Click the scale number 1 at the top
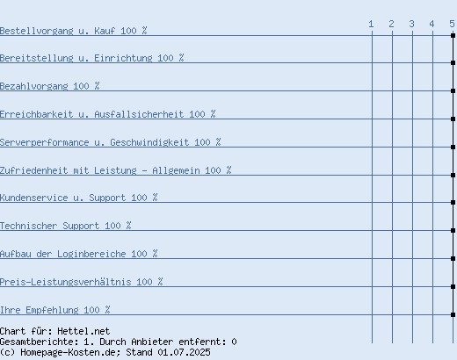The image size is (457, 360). pyautogui.click(x=371, y=24)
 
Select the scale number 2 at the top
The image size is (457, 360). pyautogui.click(x=391, y=24)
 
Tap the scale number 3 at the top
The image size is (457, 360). pyautogui.click(x=411, y=24)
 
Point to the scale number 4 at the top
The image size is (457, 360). pyautogui.click(x=432, y=24)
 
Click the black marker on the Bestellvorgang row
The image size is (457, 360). pyautogui.click(x=453, y=35)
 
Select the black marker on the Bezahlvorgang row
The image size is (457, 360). pyautogui.click(x=453, y=90)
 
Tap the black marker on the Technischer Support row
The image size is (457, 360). pyautogui.click(x=453, y=230)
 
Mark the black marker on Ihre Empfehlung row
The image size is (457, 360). pyautogui.click(x=453, y=314)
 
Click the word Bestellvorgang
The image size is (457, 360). pyautogui.click(x=36, y=31)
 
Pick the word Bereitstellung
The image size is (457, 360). pyautogui.click(x=36, y=58)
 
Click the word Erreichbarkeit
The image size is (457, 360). pyautogui.click(x=36, y=114)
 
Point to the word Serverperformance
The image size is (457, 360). pyautogui.click(x=44, y=142)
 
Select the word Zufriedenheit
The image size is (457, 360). pyautogui.click(x=33, y=170)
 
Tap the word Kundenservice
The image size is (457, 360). pyautogui.click(x=33, y=198)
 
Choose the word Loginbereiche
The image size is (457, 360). pyautogui.click(x=91, y=254)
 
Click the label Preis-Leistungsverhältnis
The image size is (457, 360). pyautogui.click(x=65, y=282)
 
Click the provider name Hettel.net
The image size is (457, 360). pyautogui.click(x=83, y=331)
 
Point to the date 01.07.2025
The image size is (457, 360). pyautogui.click(x=184, y=352)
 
